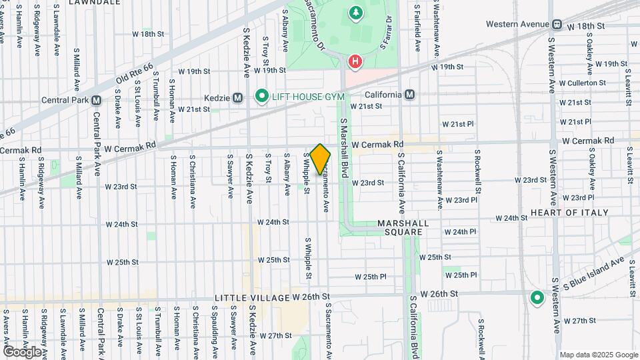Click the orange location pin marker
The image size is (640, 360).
(x=320, y=159)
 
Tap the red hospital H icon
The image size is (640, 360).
(x=356, y=61)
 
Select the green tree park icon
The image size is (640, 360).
(x=356, y=12)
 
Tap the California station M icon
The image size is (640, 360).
(x=409, y=95)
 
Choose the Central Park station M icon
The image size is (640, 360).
(x=97, y=101)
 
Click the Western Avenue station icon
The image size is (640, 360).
(x=555, y=25)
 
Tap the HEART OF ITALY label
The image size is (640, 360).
(x=569, y=212)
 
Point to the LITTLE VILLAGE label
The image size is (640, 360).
(x=251, y=297)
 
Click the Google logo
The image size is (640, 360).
(x=22, y=351)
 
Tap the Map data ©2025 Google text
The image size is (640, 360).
(x=599, y=355)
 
